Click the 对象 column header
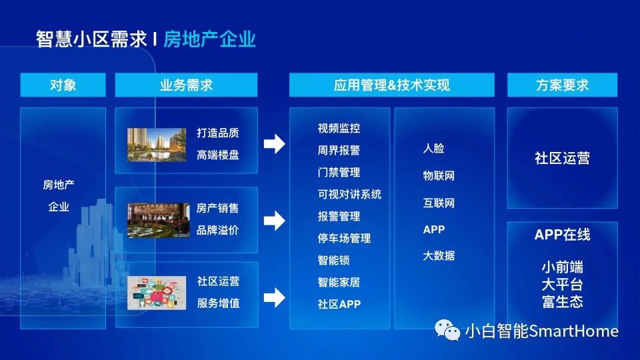pos(63,85)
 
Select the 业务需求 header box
pos(186,85)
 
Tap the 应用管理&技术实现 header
pos(392,85)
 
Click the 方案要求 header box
pos(562,85)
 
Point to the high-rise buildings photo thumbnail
pos(157,145)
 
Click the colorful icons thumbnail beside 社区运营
pos(157,293)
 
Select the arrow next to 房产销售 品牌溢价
pos(274,221)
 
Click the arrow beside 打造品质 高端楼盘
pos(274,144)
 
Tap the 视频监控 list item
pos(339,128)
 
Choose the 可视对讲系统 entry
pos(349,194)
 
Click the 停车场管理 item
pos(344,239)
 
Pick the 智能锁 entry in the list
pos(333,261)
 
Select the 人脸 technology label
pos(433,148)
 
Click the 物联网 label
pos(439,176)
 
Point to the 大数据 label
pos(439,256)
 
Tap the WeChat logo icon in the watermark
pos(447,330)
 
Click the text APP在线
pos(562,235)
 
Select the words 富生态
pos(563,301)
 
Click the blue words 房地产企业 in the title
pos(209,39)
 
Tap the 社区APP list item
pos(339,305)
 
